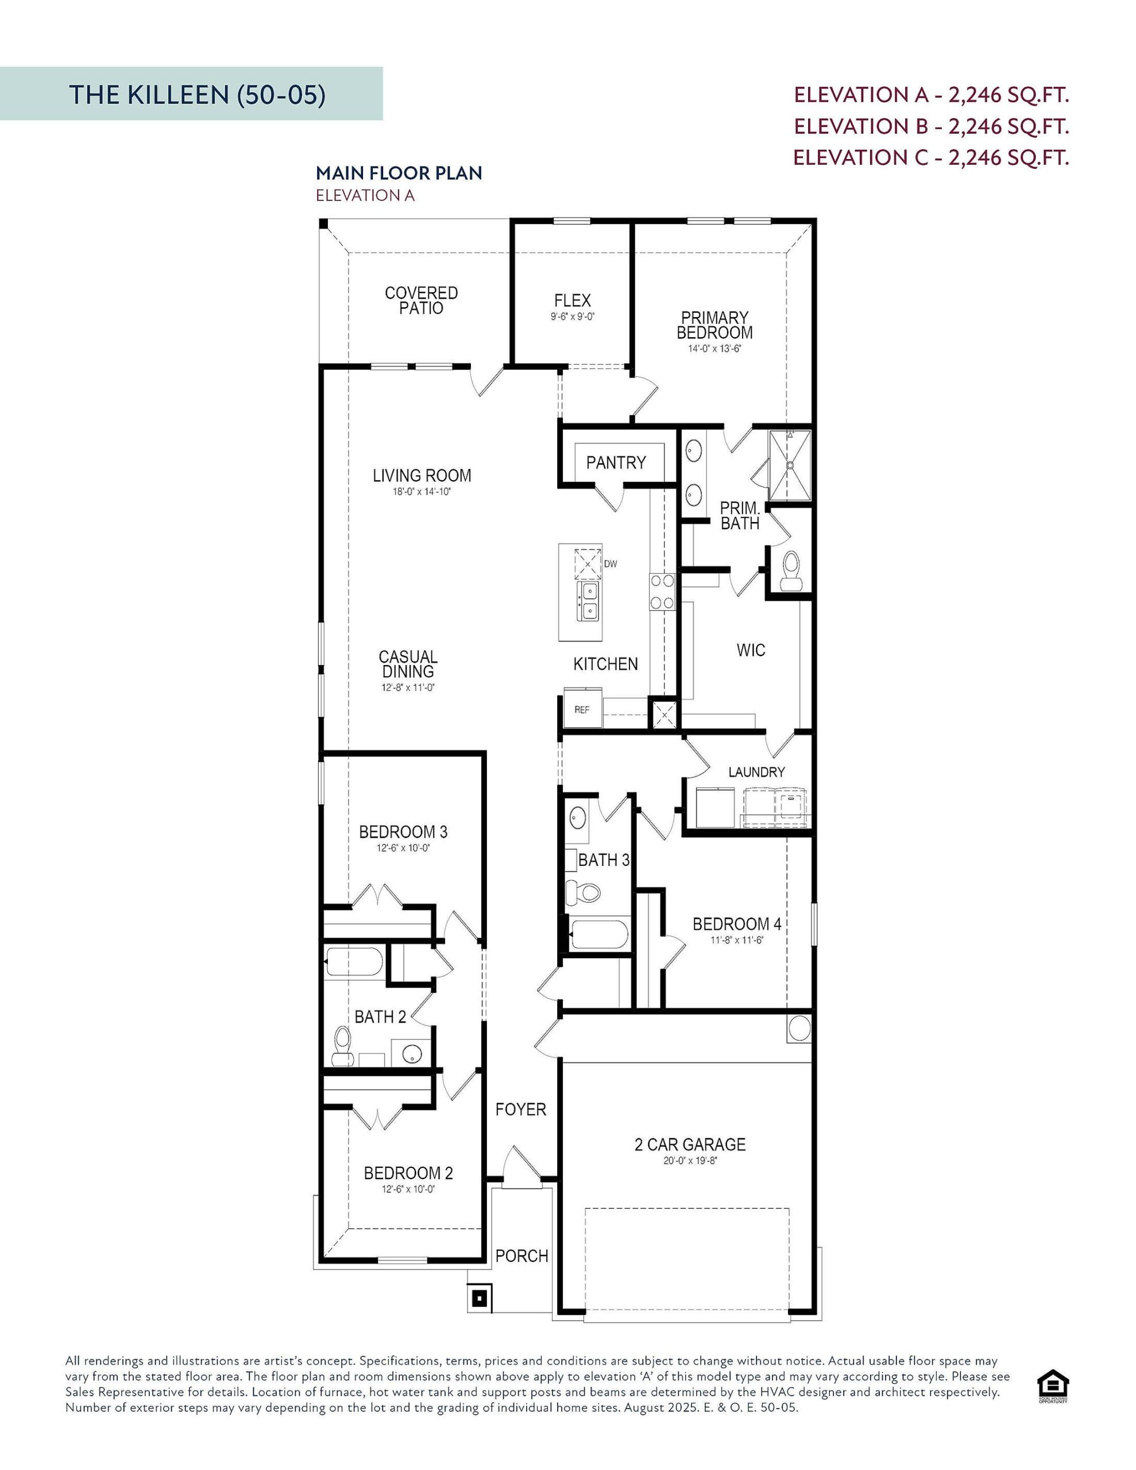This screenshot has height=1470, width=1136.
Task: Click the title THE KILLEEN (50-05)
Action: (x=198, y=95)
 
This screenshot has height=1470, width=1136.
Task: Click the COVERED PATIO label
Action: (x=421, y=300)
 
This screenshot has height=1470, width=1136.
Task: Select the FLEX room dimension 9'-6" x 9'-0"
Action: (x=573, y=316)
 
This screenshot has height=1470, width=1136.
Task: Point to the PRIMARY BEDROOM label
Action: (x=714, y=324)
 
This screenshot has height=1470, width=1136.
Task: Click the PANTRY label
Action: (x=616, y=462)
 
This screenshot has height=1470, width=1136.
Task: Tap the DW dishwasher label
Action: (x=610, y=564)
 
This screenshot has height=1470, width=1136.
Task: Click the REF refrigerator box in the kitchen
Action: (x=582, y=709)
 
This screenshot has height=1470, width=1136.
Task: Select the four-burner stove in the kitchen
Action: (x=662, y=593)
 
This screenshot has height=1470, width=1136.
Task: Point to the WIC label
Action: (x=751, y=650)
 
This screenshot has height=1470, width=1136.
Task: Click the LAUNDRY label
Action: (x=756, y=772)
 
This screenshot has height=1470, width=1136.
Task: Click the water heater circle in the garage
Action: (x=799, y=1028)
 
